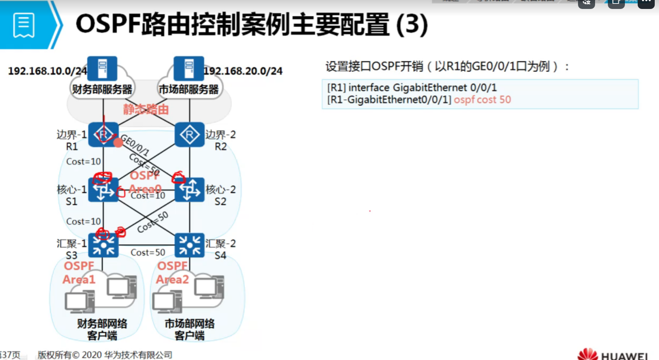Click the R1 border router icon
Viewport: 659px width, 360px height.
click(x=103, y=134)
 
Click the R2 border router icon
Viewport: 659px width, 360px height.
click(x=190, y=134)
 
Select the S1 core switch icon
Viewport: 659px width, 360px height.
click(x=103, y=190)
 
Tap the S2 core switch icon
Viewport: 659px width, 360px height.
click(x=190, y=190)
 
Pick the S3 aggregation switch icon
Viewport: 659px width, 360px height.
click(x=103, y=245)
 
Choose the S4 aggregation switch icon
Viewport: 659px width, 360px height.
click(x=190, y=245)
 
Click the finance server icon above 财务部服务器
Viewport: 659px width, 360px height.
click(x=102, y=68)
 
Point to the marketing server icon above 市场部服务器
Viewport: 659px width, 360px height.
click(x=189, y=68)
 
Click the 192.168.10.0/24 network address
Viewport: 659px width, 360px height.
click(x=47, y=71)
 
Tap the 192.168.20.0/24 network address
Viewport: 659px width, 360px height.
click(x=243, y=71)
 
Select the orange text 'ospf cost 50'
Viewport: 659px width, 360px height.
click(x=482, y=100)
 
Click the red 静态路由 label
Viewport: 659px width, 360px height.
click(x=146, y=110)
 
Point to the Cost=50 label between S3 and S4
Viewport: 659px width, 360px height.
click(x=147, y=253)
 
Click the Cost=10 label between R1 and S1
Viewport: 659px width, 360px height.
click(x=84, y=162)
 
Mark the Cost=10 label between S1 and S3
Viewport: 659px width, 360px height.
click(x=84, y=221)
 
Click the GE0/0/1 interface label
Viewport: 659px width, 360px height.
click(x=135, y=145)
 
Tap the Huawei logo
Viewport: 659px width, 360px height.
click(x=613, y=354)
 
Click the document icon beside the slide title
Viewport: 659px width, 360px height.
click(x=24, y=25)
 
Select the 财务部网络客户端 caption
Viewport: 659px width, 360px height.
click(x=102, y=329)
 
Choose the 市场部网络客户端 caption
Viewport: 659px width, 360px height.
click(x=190, y=329)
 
